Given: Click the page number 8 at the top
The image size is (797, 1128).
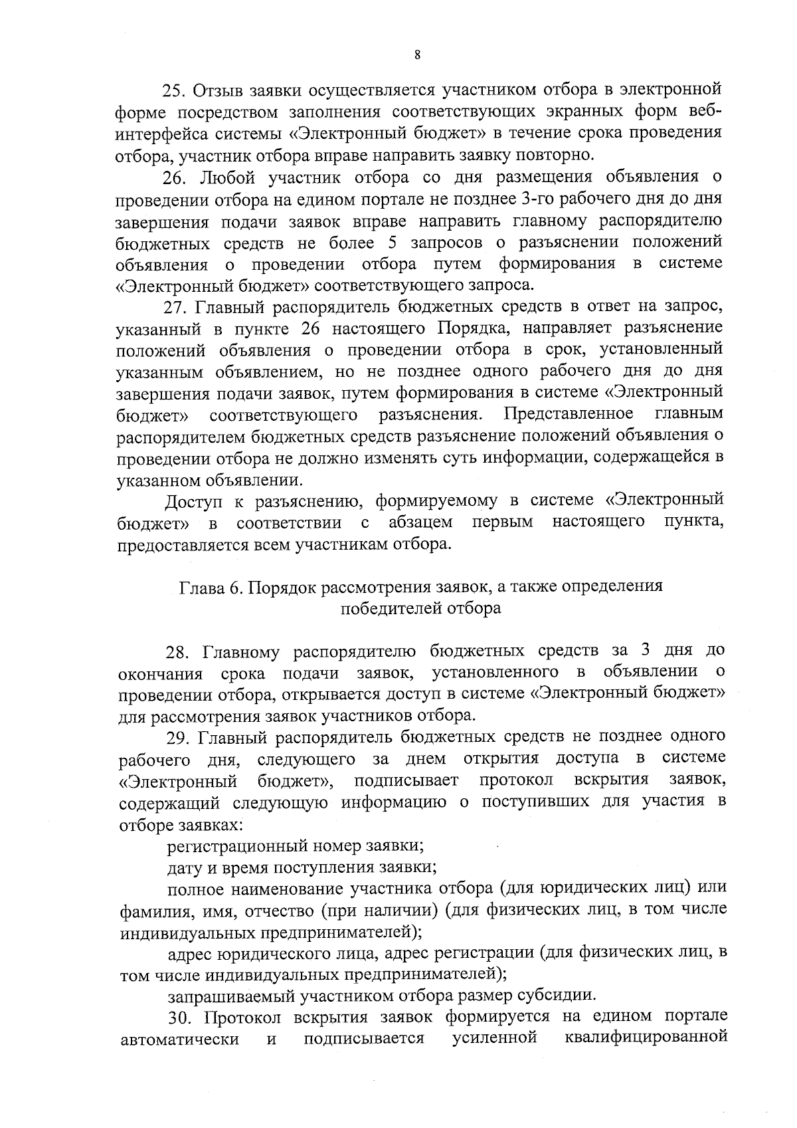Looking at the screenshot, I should pos(416,56).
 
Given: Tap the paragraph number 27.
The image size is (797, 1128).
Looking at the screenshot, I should pos(176,307).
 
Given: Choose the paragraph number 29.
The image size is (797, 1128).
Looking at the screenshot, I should pos(177,737).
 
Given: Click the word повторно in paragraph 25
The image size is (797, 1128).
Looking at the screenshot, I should pos(555,156).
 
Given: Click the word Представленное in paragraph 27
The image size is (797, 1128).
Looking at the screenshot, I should pos(569,415).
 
